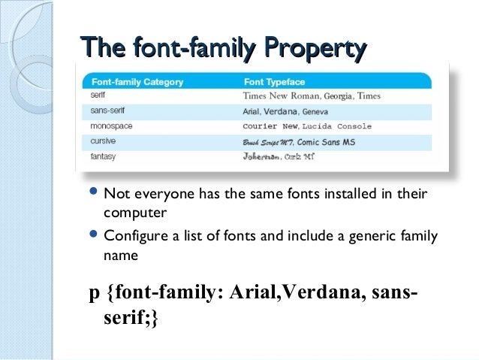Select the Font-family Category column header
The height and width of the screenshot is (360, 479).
137,81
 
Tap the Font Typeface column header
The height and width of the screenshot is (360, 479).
274,81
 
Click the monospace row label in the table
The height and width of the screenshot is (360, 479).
112,126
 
